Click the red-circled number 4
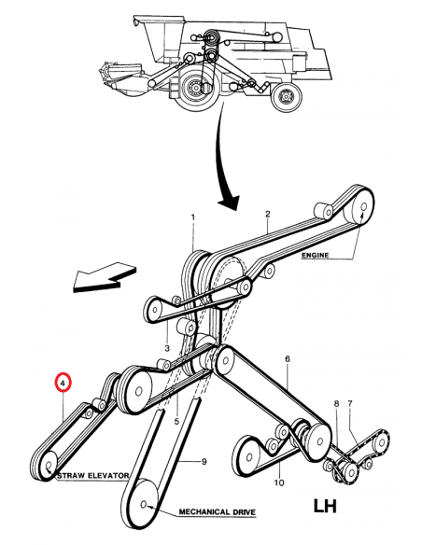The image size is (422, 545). tap(63, 384)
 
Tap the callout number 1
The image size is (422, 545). tap(193, 217)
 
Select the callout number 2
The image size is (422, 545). tap(267, 214)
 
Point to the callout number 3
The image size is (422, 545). tap(167, 348)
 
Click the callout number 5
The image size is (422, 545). tap(176, 422)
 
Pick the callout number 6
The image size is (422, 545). tap(288, 359)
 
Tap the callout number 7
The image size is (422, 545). tap(350, 403)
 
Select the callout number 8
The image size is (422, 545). tap(336, 404)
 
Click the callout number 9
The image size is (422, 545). tap(204, 462)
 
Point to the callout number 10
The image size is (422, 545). tap(279, 482)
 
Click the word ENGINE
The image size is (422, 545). tap(315, 255)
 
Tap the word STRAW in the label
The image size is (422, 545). tap(69, 476)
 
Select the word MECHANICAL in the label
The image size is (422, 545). tap(204, 512)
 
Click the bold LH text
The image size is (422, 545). tap(325, 507)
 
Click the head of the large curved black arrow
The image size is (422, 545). tap(229, 203)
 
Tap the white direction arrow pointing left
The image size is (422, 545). tap(105, 277)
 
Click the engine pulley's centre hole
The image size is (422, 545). tap(363, 207)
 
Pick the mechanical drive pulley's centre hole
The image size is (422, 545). tap(144, 504)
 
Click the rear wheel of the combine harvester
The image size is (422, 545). tap(287, 97)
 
